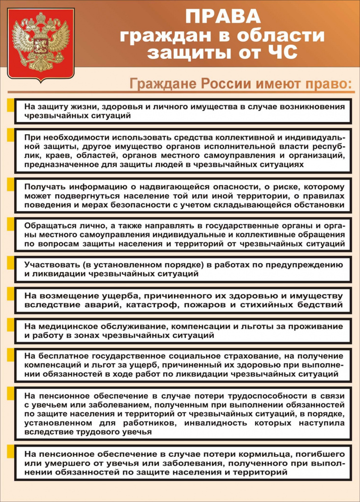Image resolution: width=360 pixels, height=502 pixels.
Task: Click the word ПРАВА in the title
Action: pyautogui.click(x=223, y=17)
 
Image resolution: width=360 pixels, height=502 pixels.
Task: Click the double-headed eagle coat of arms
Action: pyautogui.click(x=41, y=42)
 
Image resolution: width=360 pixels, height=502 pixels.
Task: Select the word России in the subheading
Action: pyautogui.click(x=224, y=83)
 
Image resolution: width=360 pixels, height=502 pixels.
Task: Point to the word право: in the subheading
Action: pyautogui.click(x=327, y=83)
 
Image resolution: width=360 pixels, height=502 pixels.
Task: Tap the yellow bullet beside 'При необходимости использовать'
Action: pyautogui.click(x=10, y=135)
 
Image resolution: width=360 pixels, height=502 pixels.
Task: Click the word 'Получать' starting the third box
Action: pyautogui.click(x=45, y=187)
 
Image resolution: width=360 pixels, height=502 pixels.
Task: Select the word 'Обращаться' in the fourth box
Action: pyautogui.click(x=50, y=226)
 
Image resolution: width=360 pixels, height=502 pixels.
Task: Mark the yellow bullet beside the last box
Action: pyautogui.click(x=10, y=451)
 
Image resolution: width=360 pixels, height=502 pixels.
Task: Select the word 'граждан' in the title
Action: pyautogui.click(x=159, y=35)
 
